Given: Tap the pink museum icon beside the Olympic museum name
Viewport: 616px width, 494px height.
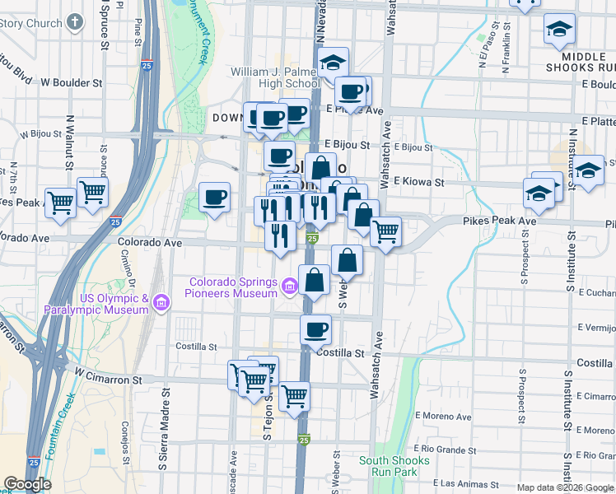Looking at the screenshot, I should (x=161, y=304).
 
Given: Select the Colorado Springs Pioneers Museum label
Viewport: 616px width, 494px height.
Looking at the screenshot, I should (x=231, y=287).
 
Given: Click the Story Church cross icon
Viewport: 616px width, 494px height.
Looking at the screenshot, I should (x=75, y=22).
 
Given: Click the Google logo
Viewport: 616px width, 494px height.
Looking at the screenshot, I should (x=28, y=484).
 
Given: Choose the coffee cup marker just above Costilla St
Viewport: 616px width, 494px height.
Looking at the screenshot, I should (x=315, y=329).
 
